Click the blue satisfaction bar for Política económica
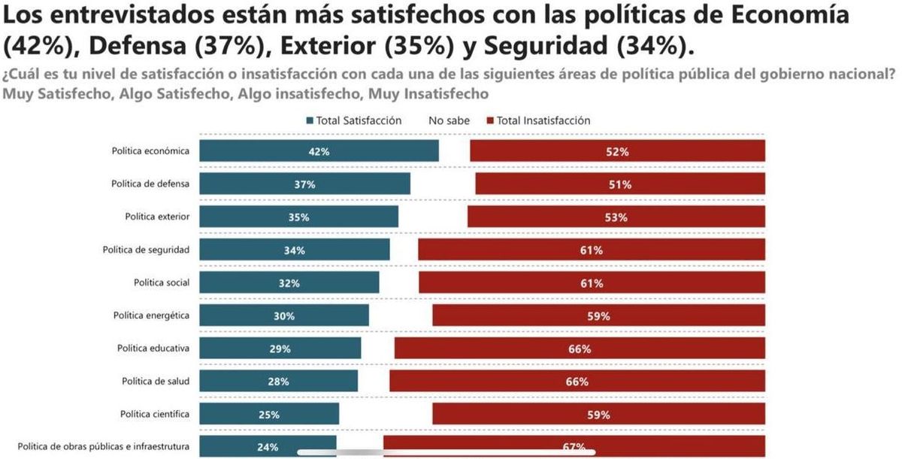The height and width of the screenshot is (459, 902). click(319, 151)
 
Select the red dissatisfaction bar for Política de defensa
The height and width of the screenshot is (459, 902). click(620, 184)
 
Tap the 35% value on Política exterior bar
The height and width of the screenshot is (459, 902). click(298, 217)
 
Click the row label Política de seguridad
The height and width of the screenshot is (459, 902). click(146, 250)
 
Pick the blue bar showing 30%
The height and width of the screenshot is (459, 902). click(283, 316)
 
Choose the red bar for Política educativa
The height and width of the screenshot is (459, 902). click(580, 349)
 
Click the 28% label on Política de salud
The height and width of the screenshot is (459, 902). click(279, 381)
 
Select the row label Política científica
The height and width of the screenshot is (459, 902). click(154, 414)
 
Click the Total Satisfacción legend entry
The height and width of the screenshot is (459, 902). click(353, 120)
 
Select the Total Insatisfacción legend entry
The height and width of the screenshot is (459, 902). click(537, 120)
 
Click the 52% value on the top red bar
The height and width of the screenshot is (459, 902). click(617, 151)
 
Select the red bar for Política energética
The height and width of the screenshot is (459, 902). click(597, 316)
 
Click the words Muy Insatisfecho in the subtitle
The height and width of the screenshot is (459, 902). click(428, 94)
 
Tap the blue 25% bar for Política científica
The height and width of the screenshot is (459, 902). click(269, 415)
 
